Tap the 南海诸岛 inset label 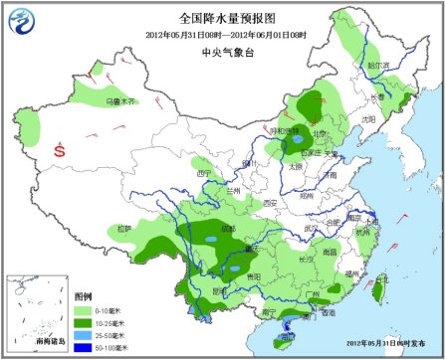(x=35, y=340)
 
